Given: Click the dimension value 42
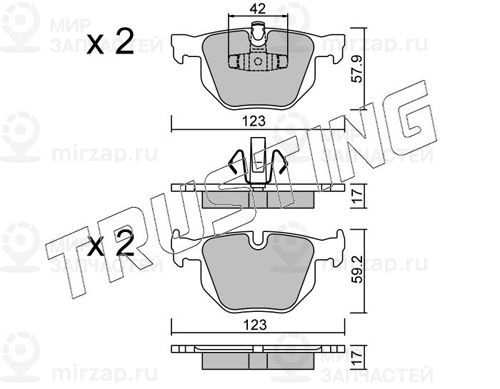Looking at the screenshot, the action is (258, 9).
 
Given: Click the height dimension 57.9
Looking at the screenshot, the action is (358, 69).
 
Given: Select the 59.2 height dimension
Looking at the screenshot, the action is (358, 270).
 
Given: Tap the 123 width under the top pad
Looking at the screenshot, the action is (254, 121).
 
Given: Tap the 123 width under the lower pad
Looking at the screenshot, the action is (255, 324).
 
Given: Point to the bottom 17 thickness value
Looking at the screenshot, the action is (358, 358).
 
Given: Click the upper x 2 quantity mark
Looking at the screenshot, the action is (110, 42).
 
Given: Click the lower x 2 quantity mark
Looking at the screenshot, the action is (110, 243).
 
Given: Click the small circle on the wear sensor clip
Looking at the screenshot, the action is (258, 62).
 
